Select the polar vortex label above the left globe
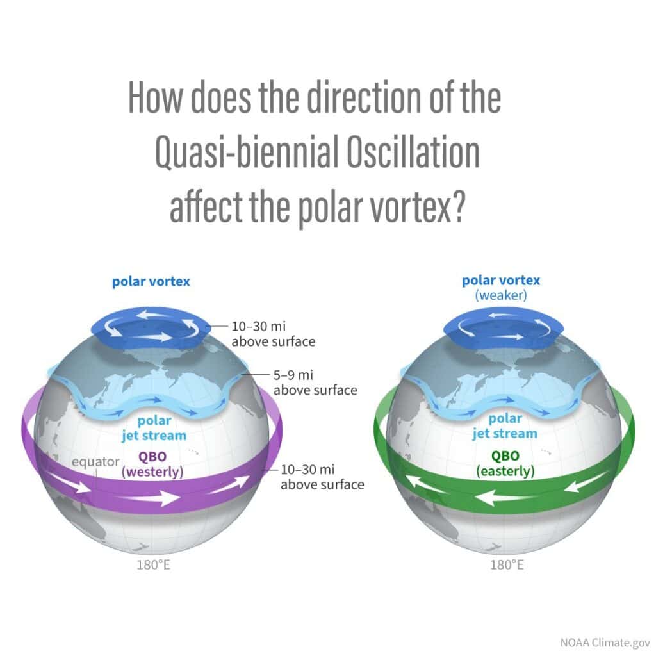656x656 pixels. click(151, 282)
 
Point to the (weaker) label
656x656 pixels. click(501, 295)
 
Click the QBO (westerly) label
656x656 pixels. click(152, 464)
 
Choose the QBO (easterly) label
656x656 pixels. click(505, 463)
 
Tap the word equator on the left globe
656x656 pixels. click(95, 461)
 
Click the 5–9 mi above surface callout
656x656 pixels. click(315, 383)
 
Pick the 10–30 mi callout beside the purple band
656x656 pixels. click(322, 477)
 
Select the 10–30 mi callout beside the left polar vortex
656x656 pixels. click(273, 334)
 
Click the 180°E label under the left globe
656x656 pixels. click(154, 565)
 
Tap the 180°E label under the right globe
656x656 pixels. click(507, 565)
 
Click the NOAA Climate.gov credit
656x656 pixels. click(605, 642)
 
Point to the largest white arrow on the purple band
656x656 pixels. click(149, 498)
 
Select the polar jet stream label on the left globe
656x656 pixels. click(154, 428)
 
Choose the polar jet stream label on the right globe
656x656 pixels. click(505, 426)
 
